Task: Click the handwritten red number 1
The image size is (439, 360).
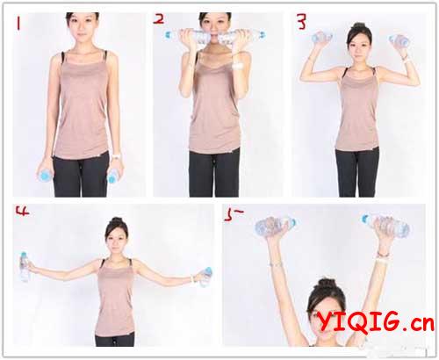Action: point(18,24)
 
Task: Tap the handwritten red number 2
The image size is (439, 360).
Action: point(159,19)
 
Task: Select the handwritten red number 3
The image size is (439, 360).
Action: point(301,22)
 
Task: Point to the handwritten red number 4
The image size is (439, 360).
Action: point(23,211)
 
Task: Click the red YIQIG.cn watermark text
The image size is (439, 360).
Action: point(376,322)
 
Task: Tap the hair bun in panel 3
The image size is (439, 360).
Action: point(359,26)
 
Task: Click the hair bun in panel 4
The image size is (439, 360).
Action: point(117,220)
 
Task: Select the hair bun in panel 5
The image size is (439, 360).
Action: point(327,284)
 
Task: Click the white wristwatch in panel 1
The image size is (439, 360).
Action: point(117,156)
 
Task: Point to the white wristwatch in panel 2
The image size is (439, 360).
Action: point(238,66)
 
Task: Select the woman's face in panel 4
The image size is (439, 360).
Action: point(117,238)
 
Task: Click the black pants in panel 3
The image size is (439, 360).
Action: point(357,172)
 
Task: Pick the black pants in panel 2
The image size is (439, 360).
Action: point(214,173)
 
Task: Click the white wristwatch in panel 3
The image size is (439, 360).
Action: point(405,61)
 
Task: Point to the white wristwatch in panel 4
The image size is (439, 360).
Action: point(192,278)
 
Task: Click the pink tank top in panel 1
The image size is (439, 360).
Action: point(82,104)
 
